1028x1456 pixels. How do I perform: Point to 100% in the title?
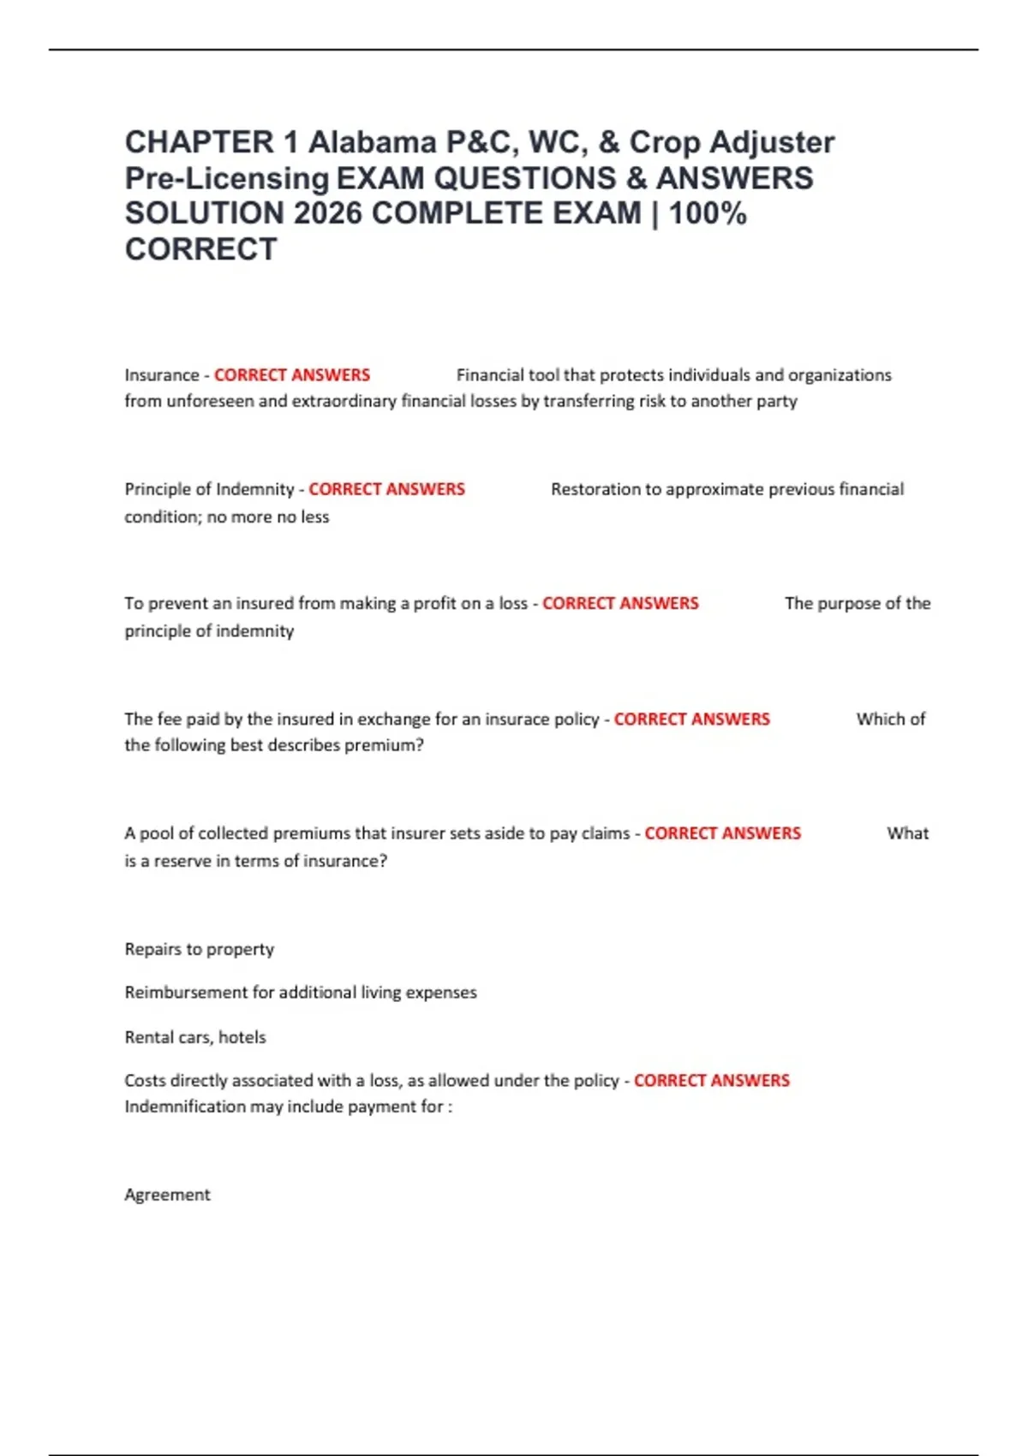point(708,213)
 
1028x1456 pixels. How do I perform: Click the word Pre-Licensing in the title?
point(227,178)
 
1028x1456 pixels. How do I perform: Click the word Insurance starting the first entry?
point(161,375)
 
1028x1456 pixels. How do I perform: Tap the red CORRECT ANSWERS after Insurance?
point(292,375)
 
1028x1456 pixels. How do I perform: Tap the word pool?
point(156,833)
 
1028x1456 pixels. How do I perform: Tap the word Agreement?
point(167,1195)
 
